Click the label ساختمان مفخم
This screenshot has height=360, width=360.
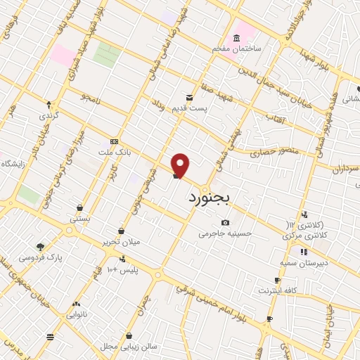237,49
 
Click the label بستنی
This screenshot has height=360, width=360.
79,219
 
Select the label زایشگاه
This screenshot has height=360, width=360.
13,163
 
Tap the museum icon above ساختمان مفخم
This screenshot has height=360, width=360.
236,39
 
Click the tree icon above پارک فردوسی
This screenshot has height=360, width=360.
40,247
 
